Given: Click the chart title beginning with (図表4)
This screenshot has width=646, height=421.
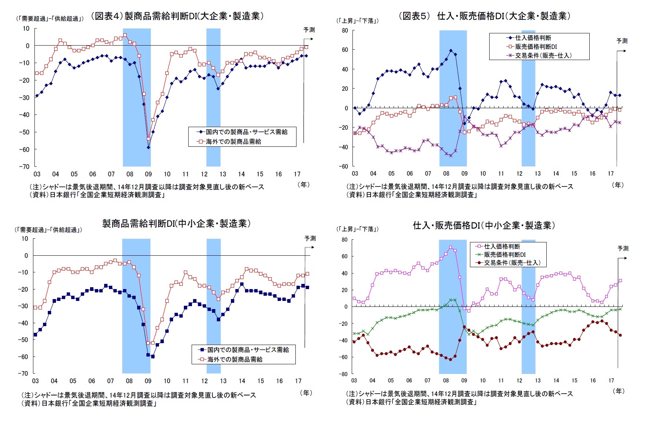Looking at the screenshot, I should click(x=177, y=16).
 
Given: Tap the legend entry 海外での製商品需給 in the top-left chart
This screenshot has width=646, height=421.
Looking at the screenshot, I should click(x=233, y=142).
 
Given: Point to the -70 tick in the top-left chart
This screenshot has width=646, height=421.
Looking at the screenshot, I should click(x=24, y=167).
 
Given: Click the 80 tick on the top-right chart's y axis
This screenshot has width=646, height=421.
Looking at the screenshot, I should click(x=345, y=31).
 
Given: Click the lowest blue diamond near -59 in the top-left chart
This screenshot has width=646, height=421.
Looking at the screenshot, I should click(x=148, y=147).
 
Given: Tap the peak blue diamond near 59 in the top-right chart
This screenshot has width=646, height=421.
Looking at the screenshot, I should click(x=451, y=51).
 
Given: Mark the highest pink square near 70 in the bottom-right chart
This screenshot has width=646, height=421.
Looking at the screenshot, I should click(x=450, y=247).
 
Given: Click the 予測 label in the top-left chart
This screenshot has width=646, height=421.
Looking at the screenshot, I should click(x=309, y=30).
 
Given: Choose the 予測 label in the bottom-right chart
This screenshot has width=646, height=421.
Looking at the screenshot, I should click(x=623, y=248).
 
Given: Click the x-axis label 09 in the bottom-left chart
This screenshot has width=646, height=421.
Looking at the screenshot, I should click(x=148, y=381).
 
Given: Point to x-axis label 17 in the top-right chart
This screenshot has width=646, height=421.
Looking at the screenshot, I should click(x=610, y=173).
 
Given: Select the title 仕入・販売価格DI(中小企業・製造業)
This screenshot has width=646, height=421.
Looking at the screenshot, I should click(x=484, y=225).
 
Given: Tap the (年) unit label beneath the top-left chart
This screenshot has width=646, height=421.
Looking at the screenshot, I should click(x=303, y=185).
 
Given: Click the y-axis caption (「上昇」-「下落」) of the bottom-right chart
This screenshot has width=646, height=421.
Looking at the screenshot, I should click(x=357, y=229).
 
